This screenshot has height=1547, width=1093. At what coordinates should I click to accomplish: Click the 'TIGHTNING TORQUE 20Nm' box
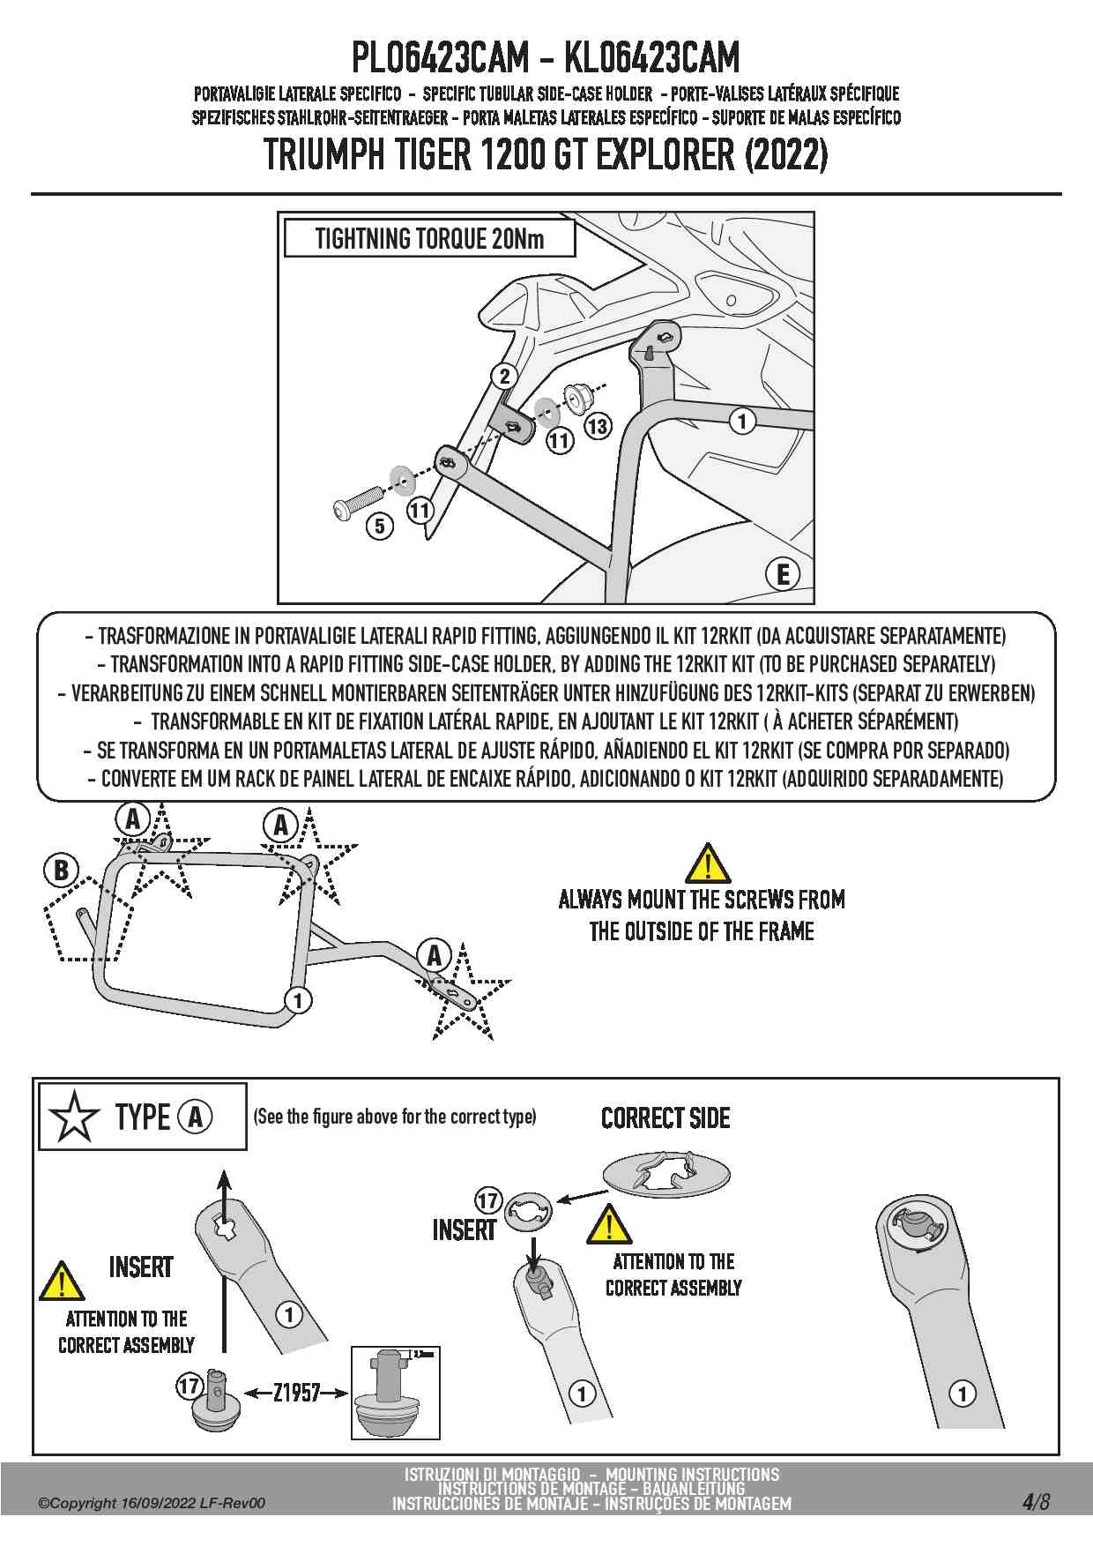point(429,238)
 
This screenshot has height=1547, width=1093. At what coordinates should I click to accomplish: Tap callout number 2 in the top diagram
point(504,377)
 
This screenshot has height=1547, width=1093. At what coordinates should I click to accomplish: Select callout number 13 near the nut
point(598,427)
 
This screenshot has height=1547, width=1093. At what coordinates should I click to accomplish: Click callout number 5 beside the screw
point(380,527)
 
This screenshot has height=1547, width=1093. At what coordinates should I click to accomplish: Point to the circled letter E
point(783,574)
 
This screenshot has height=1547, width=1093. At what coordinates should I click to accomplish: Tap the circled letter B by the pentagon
point(61,871)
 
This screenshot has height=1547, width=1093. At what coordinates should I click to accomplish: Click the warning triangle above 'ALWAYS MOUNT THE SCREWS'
point(707,863)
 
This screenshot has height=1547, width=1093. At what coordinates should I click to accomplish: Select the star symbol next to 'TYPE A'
point(74,1117)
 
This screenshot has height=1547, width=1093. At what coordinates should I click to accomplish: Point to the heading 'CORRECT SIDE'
point(665,1118)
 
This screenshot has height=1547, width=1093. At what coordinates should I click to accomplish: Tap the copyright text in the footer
point(151,1504)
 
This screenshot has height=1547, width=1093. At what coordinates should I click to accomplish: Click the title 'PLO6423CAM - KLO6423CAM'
point(546,58)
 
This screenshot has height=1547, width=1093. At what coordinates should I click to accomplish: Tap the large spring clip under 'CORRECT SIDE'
point(666,1174)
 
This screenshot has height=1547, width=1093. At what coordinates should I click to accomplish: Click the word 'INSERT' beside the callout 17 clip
point(464,1230)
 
